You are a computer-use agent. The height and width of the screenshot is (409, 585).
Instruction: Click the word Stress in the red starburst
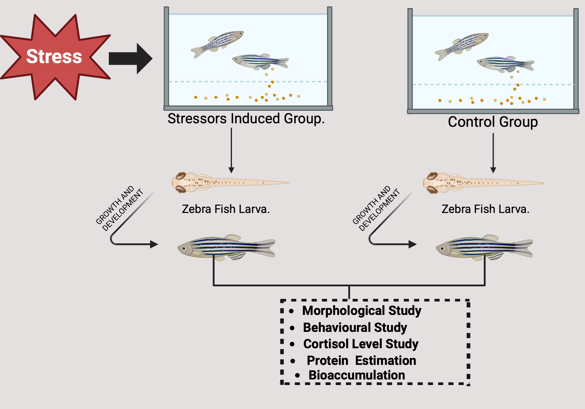point(54,56)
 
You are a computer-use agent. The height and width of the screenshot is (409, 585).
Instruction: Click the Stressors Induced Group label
point(246,119)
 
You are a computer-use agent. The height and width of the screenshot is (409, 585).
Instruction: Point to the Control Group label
point(493,122)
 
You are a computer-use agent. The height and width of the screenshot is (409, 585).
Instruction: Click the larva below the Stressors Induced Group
point(222,183)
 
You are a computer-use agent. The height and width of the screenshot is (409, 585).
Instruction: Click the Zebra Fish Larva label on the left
point(226,209)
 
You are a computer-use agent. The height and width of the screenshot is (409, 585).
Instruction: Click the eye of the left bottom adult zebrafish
point(184,248)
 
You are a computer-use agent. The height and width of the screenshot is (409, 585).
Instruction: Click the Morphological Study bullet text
point(362,311)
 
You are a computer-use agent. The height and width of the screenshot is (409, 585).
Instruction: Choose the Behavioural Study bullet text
point(355,327)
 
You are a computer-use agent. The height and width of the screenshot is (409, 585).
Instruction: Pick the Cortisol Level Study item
point(361,344)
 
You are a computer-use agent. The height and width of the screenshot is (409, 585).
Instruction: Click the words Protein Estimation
point(361,361)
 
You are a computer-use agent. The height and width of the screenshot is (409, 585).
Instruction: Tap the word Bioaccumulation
point(357,375)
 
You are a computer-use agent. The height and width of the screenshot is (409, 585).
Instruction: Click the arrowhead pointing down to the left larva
point(231,170)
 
